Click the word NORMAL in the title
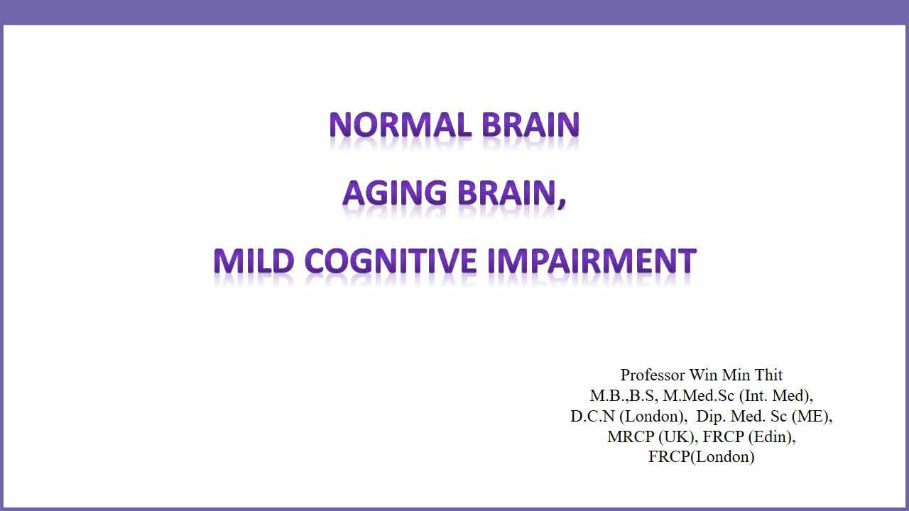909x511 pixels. coord(400,124)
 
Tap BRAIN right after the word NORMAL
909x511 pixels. coord(530,124)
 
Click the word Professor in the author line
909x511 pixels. coord(653,375)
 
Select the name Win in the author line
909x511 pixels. coord(703,375)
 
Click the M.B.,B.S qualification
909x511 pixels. coord(621,396)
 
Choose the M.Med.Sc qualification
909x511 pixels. coord(698,396)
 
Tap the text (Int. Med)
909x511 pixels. coord(774,396)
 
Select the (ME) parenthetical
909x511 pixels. coord(810,417)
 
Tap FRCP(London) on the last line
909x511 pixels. coord(701,457)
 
